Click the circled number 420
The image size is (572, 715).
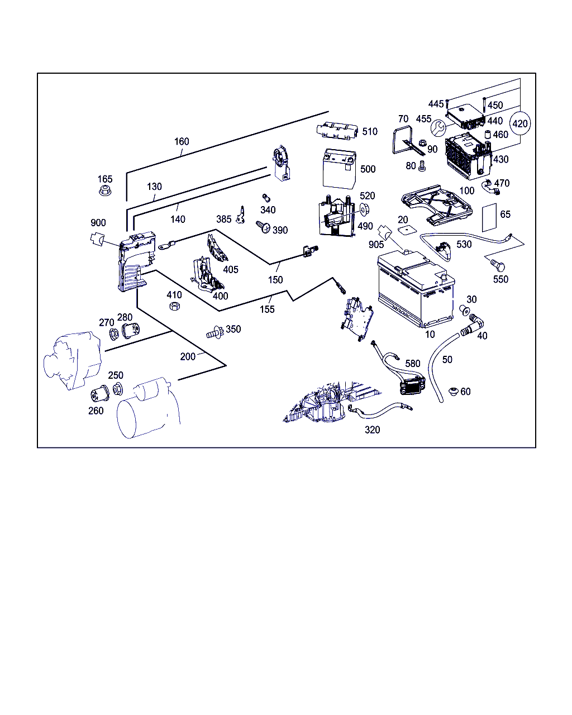coord(520,123)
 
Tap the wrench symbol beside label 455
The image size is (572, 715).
coord(438,128)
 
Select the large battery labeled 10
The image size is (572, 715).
coord(416,288)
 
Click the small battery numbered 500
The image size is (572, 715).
coord(339,169)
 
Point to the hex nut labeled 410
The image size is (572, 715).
coord(174,306)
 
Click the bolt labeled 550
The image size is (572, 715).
coord(498,265)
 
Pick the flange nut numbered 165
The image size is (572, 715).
coord(105,190)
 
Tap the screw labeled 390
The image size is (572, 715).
coord(263,227)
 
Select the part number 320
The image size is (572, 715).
coord(372,430)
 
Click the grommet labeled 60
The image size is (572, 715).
coord(454,391)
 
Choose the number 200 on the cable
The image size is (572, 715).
coord(188,356)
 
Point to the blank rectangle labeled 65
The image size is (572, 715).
coord(489,218)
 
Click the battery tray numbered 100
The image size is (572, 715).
coord(437,204)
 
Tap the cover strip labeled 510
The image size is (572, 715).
coord(337,130)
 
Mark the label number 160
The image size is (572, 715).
coord(182,141)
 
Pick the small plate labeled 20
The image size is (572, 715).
coord(407,230)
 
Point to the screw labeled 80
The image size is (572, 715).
coord(421,166)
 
